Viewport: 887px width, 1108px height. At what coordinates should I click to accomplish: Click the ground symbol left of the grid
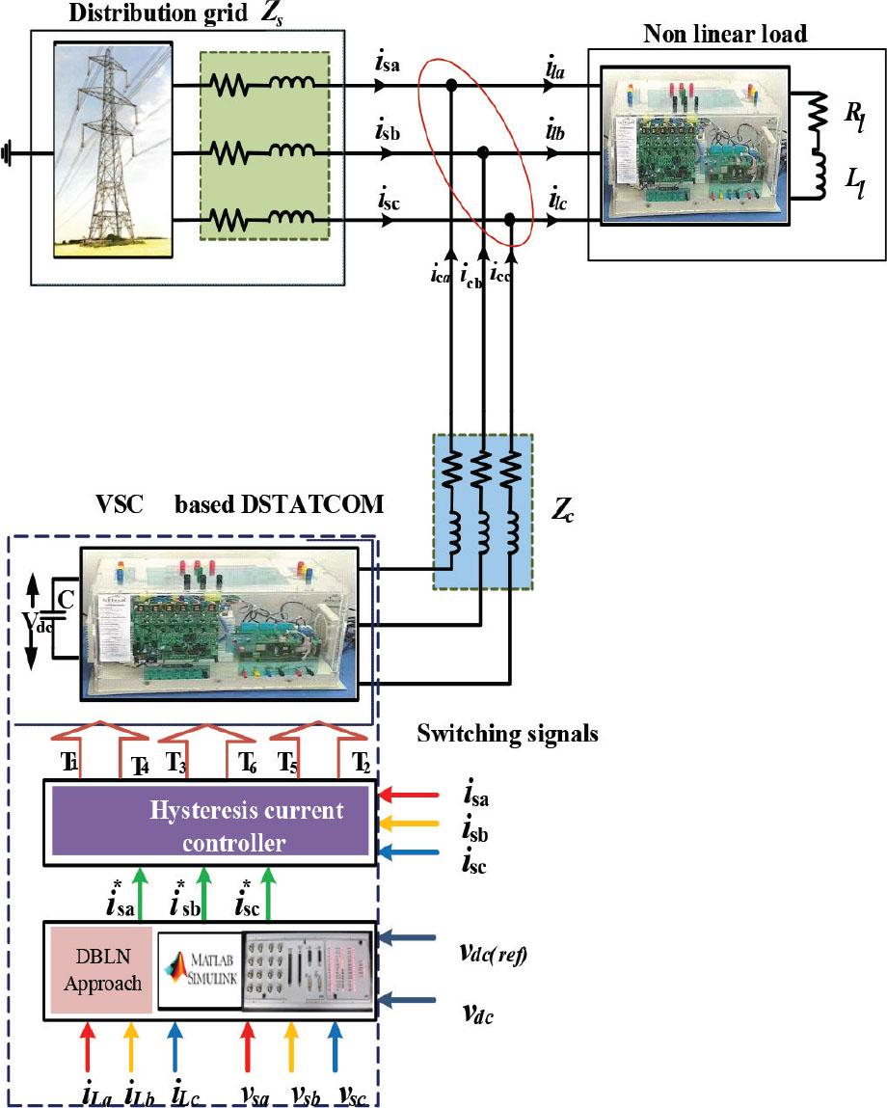12,152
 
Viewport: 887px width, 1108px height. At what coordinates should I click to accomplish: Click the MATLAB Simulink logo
200,968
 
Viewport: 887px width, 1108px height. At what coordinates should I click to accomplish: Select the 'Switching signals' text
508,734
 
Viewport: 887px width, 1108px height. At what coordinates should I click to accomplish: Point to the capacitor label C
66,599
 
